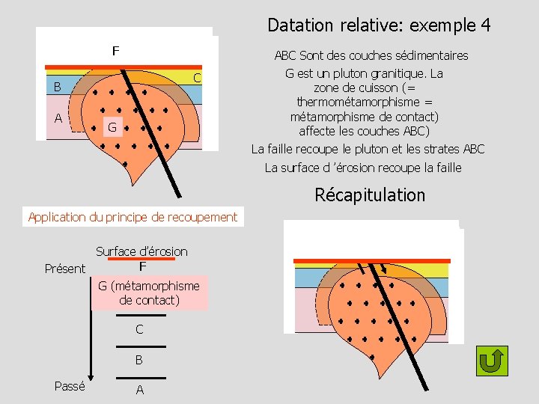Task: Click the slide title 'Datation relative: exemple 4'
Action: coord(379,25)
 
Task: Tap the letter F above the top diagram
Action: coord(115,52)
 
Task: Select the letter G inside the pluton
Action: coord(111,128)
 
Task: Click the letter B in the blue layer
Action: coord(57,88)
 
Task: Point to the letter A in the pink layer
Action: coord(58,117)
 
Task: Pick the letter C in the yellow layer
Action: coord(197,78)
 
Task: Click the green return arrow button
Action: coord(492,361)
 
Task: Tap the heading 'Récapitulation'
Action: coord(370,195)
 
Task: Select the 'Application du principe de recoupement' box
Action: coord(133,218)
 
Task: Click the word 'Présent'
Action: coord(65,269)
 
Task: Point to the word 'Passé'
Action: coord(70,386)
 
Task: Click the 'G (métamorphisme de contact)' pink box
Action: coord(149,293)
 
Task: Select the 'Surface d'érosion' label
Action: coord(141,251)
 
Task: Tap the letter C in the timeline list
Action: coord(139,329)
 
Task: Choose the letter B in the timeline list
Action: coord(139,360)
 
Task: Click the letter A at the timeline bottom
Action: coord(139,390)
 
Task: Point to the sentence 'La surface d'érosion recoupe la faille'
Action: coord(363,168)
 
